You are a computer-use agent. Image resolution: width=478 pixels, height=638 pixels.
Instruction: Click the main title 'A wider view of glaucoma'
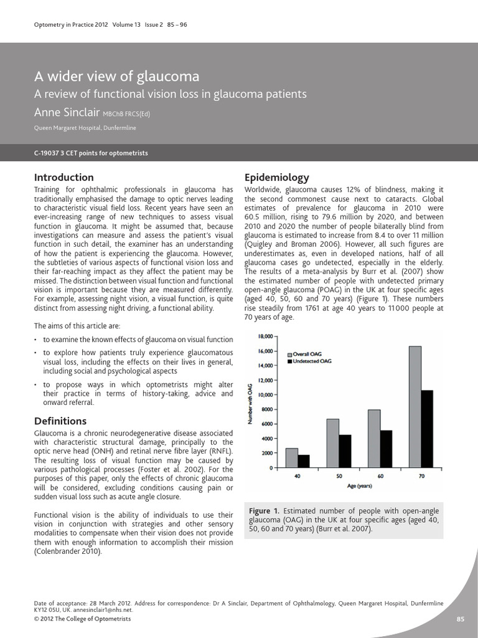pyautogui.click(x=116, y=77)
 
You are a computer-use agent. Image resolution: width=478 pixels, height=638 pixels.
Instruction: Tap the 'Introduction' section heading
pyautogui.click(x=63, y=177)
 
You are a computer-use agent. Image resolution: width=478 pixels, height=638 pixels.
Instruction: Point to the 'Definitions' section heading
pyautogui.click(x=60, y=421)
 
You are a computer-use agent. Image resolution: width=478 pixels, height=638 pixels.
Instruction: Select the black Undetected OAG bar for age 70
pyautogui.click(x=426, y=429)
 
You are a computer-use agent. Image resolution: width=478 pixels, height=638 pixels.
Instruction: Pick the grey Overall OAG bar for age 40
pyautogui.click(x=291, y=457)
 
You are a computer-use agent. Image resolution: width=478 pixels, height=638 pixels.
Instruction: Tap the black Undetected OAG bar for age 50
pyautogui.click(x=345, y=451)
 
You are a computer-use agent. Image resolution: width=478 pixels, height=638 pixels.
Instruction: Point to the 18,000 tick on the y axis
pyautogui.click(x=266, y=336)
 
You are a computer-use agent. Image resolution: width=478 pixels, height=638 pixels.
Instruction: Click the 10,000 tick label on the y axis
pyautogui.click(x=266, y=395)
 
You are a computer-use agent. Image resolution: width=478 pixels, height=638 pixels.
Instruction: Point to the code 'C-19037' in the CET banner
pyautogui.click(x=48, y=153)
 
